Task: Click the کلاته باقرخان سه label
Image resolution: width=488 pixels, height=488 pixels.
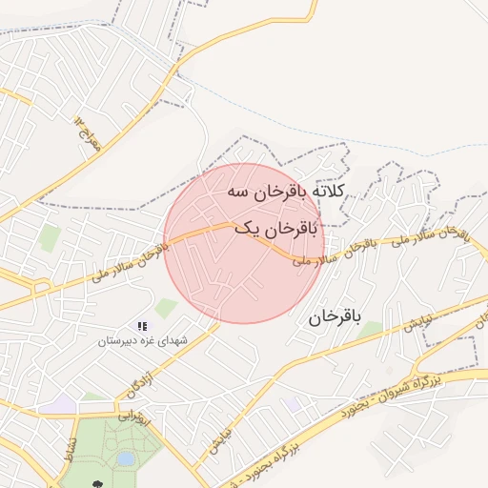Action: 287,192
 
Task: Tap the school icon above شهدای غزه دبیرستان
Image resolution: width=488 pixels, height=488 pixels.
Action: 142,326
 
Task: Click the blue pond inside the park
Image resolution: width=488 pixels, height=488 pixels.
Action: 125,459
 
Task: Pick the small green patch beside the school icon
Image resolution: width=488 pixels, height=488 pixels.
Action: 166,308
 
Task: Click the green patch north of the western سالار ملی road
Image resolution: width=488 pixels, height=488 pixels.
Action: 50,238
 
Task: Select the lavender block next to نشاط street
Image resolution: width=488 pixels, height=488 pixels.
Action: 63,404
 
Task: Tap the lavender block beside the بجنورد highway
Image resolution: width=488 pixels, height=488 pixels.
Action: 292,404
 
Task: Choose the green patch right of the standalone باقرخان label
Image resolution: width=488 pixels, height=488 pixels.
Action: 370,329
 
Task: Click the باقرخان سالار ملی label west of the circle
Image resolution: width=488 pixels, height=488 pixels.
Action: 130,262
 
